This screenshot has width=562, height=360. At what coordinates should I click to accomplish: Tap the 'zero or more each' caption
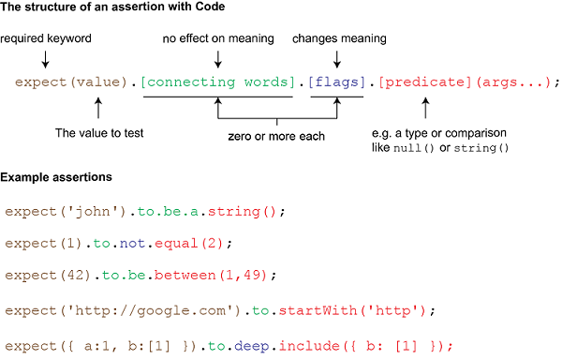[x=276, y=136]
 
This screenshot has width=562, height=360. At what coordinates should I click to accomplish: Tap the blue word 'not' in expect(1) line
[x=129, y=244]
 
